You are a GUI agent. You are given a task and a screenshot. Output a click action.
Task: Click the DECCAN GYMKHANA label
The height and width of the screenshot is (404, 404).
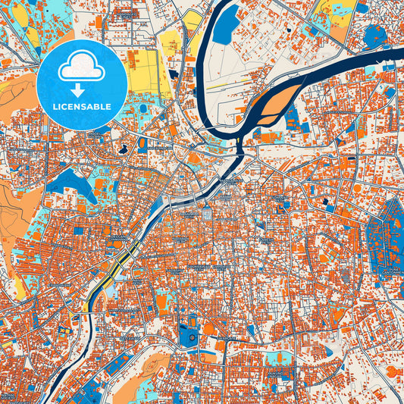(x=119, y=240)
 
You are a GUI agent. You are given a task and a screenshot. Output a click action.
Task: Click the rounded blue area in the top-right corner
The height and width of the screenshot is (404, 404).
(x=374, y=34)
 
